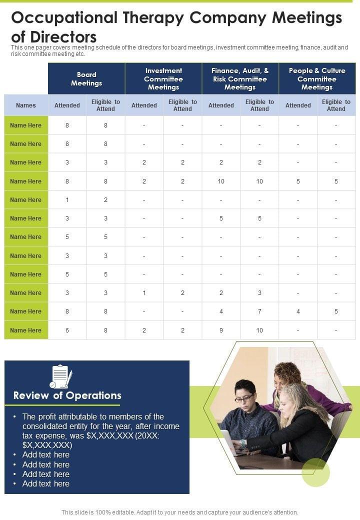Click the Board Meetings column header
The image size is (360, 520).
pyautogui.click(x=86, y=79)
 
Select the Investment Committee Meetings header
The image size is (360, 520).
pyautogui.click(x=163, y=79)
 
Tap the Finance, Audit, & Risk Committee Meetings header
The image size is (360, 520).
pyautogui.click(x=240, y=79)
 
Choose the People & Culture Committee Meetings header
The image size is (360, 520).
pyautogui.click(x=317, y=79)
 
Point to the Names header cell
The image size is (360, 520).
pyautogui.click(x=26, y=105)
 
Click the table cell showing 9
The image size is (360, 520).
pyautogui.click(x=221, y=330)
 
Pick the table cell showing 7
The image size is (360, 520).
pyautogui.click(x=259, y=311)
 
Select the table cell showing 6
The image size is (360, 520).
pyautogui.click(x=67, y=330)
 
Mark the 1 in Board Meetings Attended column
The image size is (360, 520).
pyautogui.click(x=67, y=200)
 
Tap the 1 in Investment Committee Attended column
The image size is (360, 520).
pyautogui.click(x=144, y=293)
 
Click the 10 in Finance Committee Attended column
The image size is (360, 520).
pyautogui.click(x=221, y=181)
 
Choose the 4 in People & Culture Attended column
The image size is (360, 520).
pyautogui.click(x=298, y=311)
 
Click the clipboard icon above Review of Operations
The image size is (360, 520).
pyautogui.click(x=60, y=376)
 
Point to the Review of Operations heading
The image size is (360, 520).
pyautogui.click(x=67, y=395)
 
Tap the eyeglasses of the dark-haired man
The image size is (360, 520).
pyautogui.click(x=244, y=398)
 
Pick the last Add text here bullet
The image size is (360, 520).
pyautogui.click(x=45, y=483)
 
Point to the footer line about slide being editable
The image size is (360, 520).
pyautogui.click(x=180, y=512)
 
